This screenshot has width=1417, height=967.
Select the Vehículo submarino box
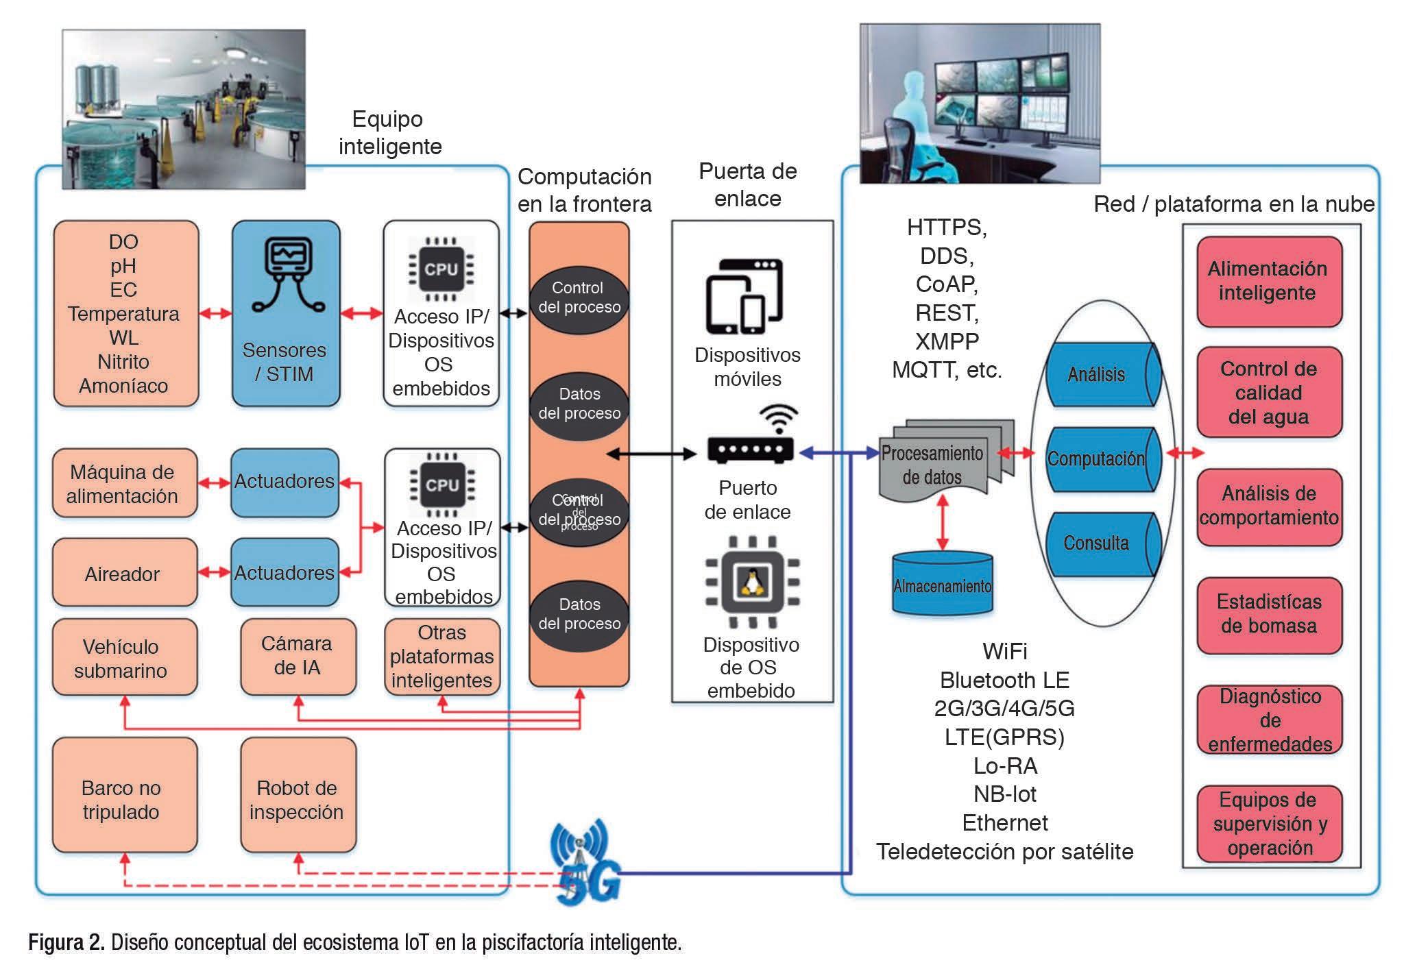click(124, 657)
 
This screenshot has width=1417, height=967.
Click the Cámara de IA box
click(298, 656)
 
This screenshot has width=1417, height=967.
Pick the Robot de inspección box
click(298, 796)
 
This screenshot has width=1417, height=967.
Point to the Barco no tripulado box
click(124, 796)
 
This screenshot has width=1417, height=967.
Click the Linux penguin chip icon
click(752, 583)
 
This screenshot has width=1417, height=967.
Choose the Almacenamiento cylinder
click(942, 585)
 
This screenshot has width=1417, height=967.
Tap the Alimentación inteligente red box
click(1268, 281)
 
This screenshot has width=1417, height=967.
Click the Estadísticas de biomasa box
click(1269, 614)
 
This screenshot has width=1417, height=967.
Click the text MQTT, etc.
click(947, 370)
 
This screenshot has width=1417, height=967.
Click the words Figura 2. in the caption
click(66, 943)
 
